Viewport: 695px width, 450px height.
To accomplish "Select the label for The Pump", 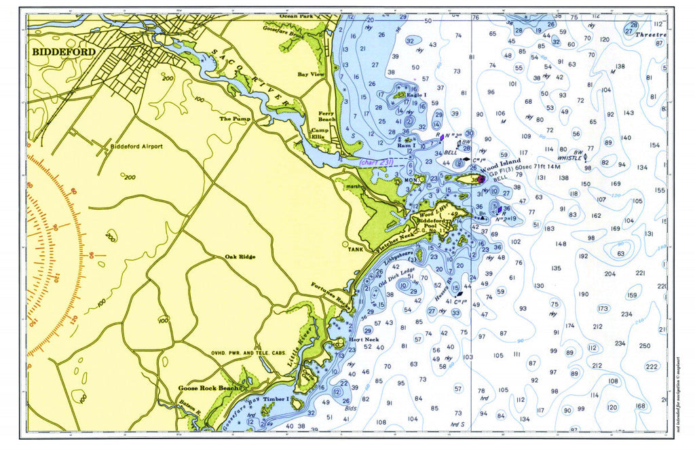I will coord(234,119).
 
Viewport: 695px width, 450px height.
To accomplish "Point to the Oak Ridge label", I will coord(240,257).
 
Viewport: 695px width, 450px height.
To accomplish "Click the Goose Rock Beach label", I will coord(208,388).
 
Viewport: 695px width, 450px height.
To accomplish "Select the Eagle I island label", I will coord(416,95).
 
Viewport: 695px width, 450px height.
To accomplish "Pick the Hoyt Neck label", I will coord(363,339).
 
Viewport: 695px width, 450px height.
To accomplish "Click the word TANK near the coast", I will coord(356,249).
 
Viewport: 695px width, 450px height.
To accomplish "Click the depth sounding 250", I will coord(644,346).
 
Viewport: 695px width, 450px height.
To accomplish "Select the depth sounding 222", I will coord(652,367).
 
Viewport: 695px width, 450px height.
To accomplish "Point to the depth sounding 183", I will coord(549,229).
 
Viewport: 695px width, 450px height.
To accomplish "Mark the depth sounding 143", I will coord(628,113).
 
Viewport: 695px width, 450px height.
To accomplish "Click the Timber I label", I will coord(278,400).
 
